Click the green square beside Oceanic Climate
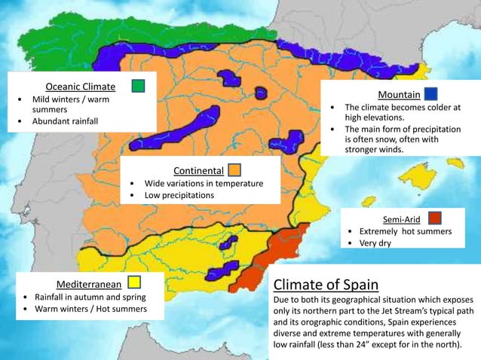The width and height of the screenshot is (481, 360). tap(138, 86)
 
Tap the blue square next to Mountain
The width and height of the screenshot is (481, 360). tap(430, 94)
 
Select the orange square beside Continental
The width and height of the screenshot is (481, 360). tap(234, 169)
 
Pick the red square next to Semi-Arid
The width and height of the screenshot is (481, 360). tap(434, 218)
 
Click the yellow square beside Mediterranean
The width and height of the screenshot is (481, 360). tap(134, 282)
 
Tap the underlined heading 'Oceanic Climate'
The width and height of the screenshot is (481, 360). tap(81, 87)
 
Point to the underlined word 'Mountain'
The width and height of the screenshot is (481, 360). tap(399, 95)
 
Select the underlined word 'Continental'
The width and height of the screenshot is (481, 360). tap(198, 170)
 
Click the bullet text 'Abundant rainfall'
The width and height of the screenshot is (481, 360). tap(65, 121)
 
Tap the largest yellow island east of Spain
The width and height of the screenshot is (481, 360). tap(418, 177)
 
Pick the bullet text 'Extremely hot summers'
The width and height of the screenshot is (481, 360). tap(406, 231)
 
